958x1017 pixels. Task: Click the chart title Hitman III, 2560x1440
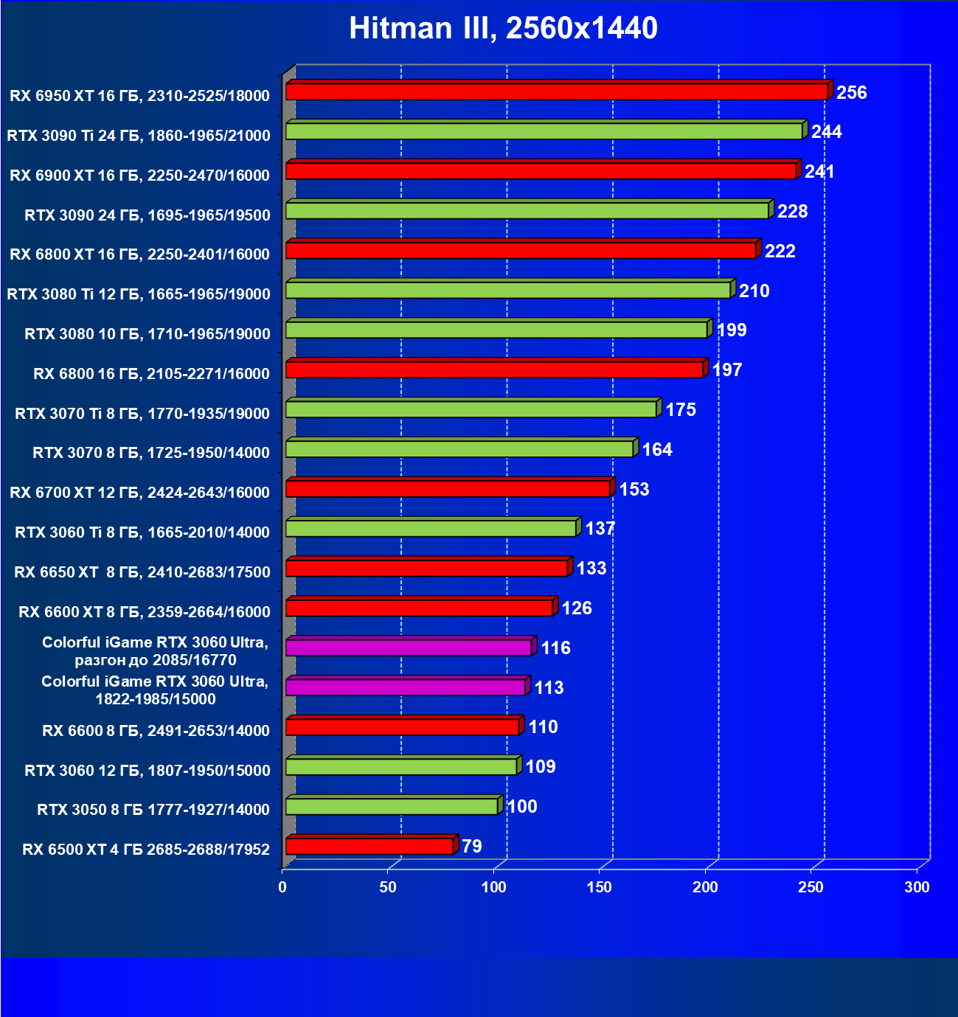tap(503, 28)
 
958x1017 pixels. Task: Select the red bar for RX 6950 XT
tap(557, 91)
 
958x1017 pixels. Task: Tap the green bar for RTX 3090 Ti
tap(544, 131)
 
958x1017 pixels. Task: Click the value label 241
tap(819, 172)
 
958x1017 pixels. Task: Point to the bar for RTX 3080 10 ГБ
tap(496, 330)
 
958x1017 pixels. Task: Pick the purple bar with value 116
tap(409, 648)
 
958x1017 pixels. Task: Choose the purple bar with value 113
tap(406, 687)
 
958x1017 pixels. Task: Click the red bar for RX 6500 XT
tap(369, 846)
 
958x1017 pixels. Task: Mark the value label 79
tap(472, 846)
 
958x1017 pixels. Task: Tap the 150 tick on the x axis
tap(600, 887)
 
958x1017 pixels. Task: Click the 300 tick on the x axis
tap(917, 887)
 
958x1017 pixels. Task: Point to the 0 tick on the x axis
tap(282, 887)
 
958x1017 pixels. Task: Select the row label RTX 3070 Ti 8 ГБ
tap(142, 414)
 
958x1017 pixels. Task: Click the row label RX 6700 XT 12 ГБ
tap(140, 493)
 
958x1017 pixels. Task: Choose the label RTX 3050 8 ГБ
tap(153, 810)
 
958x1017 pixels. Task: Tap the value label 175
tap(681, 409)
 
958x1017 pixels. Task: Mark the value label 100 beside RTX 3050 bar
tap(522, 806)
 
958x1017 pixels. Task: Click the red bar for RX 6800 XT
tap(521, 251)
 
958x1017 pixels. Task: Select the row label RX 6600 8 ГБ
tap(156, 731)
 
